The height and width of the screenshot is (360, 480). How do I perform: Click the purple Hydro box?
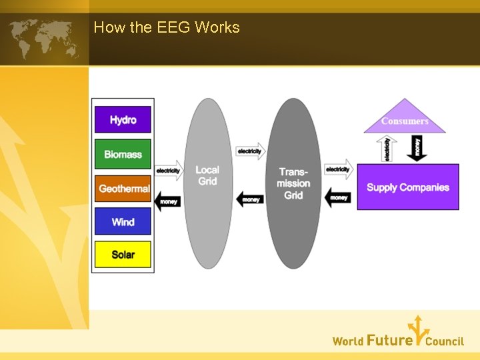[123, 120]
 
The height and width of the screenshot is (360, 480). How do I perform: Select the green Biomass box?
[123, 154]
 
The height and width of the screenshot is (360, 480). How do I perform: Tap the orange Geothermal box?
[123, 189]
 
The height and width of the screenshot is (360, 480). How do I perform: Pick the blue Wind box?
[123, 222]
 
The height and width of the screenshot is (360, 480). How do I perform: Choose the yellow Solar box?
[123, 255]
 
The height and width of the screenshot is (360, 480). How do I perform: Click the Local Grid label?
[207, 175]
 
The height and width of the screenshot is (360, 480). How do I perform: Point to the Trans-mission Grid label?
[293, 183]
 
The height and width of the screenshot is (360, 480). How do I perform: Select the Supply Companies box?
[408, 187]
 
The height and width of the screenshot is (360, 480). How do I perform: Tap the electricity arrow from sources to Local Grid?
[169, 170]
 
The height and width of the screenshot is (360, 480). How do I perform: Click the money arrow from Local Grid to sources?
[169, 201]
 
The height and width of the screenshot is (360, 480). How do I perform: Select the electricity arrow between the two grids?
[250, 151]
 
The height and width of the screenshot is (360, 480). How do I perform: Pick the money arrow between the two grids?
[250, 199]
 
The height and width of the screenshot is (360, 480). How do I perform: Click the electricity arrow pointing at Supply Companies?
[339, 169]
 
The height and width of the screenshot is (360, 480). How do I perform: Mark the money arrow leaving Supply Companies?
[338, 197]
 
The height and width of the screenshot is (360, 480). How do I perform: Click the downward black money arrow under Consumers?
[418, 147]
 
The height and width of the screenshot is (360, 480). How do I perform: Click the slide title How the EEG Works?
[167, 27]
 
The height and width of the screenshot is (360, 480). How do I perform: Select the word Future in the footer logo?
[389, 341]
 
